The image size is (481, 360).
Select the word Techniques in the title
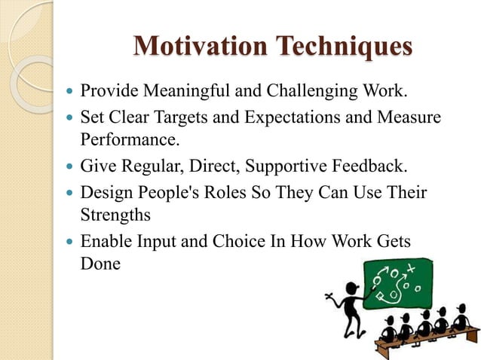[x=342, y=46]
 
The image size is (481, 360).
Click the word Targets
[x=185, y=119]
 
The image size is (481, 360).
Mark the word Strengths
[x=115, y=214]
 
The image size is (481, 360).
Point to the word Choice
[x=253, y=242]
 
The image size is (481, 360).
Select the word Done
[x=100, y=264]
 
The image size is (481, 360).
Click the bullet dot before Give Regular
[x=71, y=166]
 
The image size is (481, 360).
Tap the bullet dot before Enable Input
[x=71, y=243]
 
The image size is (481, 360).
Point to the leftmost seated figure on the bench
[x=390, y=332]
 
